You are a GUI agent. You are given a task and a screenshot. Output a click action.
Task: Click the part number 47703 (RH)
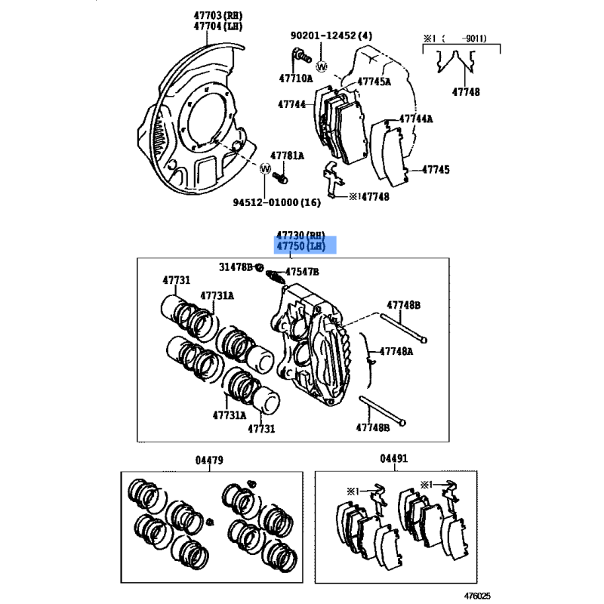coord(218,15)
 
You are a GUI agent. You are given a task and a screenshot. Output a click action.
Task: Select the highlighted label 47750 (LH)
coord(301,246)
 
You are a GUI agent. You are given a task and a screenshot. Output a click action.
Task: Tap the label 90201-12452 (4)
coord(331,35)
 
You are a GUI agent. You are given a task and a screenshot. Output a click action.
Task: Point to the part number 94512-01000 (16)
coord(276,202)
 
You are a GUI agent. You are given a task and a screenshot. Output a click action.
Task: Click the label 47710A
coord(296,79)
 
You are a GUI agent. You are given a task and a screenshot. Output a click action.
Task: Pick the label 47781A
coord(287,156)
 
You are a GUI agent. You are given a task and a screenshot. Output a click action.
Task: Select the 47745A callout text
coord(374,82)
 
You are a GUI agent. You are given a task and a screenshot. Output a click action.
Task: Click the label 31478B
coord(236,267)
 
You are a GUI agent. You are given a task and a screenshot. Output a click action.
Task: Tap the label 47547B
coord(302,272)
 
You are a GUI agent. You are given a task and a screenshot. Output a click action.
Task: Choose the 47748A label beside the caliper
coord(396,351)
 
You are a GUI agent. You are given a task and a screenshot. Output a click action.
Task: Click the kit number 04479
coord(209,460)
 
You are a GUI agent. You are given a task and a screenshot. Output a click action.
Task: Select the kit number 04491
coord(393,458)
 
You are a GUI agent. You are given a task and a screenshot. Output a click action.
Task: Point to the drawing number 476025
coord(477,596)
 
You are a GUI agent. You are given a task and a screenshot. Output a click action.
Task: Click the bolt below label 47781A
coord(280,178)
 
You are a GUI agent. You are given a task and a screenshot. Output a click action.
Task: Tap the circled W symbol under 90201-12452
coord(322,66)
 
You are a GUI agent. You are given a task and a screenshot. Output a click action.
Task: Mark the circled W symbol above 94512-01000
coord(265,168)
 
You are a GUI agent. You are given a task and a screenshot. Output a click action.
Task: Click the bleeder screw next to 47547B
coord(276,276)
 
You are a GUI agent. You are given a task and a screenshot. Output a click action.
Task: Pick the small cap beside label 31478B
coord(259,267)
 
